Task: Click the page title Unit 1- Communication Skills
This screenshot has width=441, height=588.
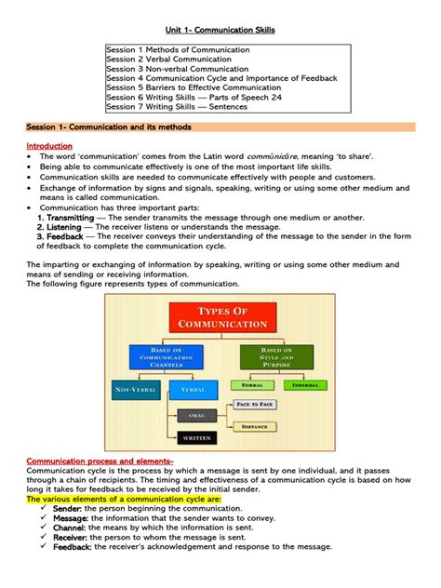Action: click(x=220, y=30)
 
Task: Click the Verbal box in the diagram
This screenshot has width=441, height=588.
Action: click(x=194, y=388)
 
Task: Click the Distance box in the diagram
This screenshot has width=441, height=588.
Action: click(x=254, y=427)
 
